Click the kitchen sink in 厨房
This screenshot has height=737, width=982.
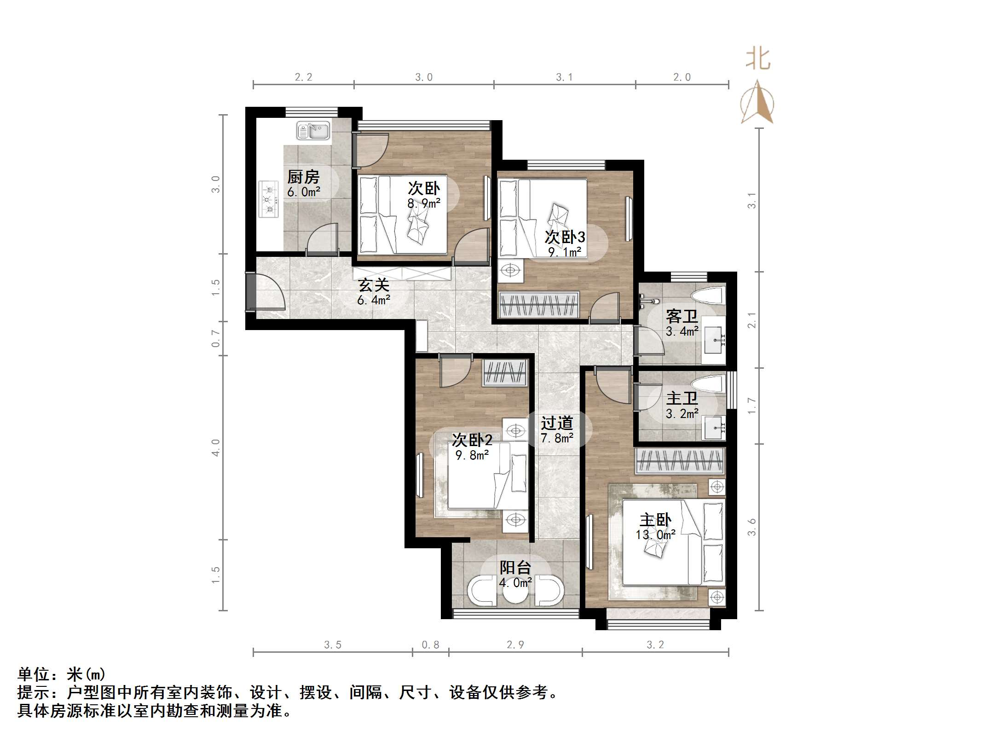pos(313,130)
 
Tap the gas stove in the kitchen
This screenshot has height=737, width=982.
pos(269,199)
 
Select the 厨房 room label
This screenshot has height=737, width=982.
pos(303,176)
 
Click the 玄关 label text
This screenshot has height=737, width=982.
pos(374,285)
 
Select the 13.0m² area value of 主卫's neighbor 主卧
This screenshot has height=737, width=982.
pos(655,535)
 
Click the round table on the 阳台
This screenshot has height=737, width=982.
pos(515,594)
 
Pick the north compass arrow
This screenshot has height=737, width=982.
pos(757,102)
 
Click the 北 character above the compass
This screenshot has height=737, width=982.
pos(758,60)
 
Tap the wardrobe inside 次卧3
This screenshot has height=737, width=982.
pos(538,305)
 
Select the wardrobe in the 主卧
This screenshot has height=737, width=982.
pos(680,461)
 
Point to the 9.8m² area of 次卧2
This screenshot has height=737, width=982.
pos(472,455)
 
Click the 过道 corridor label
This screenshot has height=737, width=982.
pos(557,423)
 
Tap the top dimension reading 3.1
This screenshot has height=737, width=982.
pos(564,77)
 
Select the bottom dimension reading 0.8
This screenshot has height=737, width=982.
pos(430,645)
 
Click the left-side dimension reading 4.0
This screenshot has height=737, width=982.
pos(216,447)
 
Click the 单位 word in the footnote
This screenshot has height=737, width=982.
pos(34,674)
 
